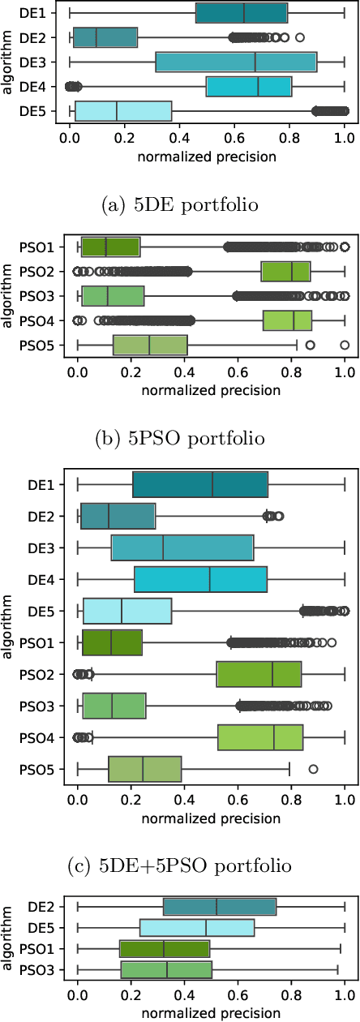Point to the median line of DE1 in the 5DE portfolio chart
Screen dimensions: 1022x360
[x=244, y=13]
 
